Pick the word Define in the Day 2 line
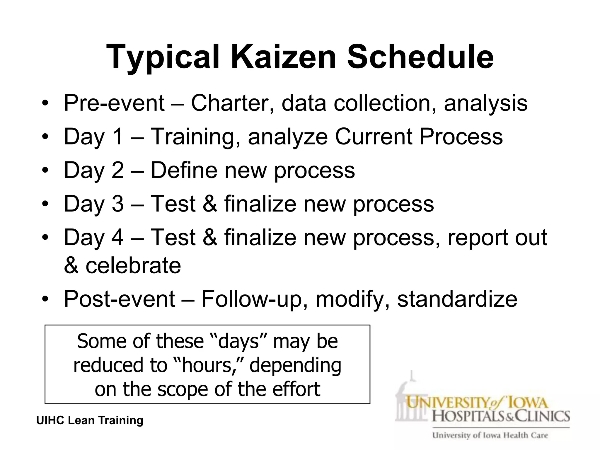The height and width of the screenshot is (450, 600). click(184, 170)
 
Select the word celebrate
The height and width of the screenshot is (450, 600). click(133, 265)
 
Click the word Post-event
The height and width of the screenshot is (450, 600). click(119, 299)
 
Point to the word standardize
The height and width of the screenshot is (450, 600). click(457, 299)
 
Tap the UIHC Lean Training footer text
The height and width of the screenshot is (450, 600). click(90, 420)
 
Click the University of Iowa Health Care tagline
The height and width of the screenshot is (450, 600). click(490, 435)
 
